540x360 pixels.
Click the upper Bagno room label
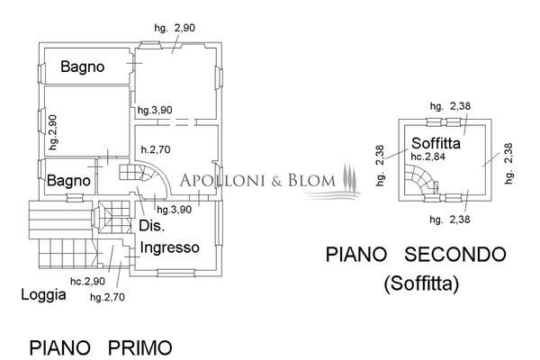[x=83, y=67]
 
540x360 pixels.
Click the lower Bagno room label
[x=69, y=181]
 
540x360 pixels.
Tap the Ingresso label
[x=169, y=247]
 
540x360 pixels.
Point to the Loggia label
[x=44, y=294]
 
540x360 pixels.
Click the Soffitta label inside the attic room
[x=437, y=143]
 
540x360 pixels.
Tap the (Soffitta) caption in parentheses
[x=421, y=285]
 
